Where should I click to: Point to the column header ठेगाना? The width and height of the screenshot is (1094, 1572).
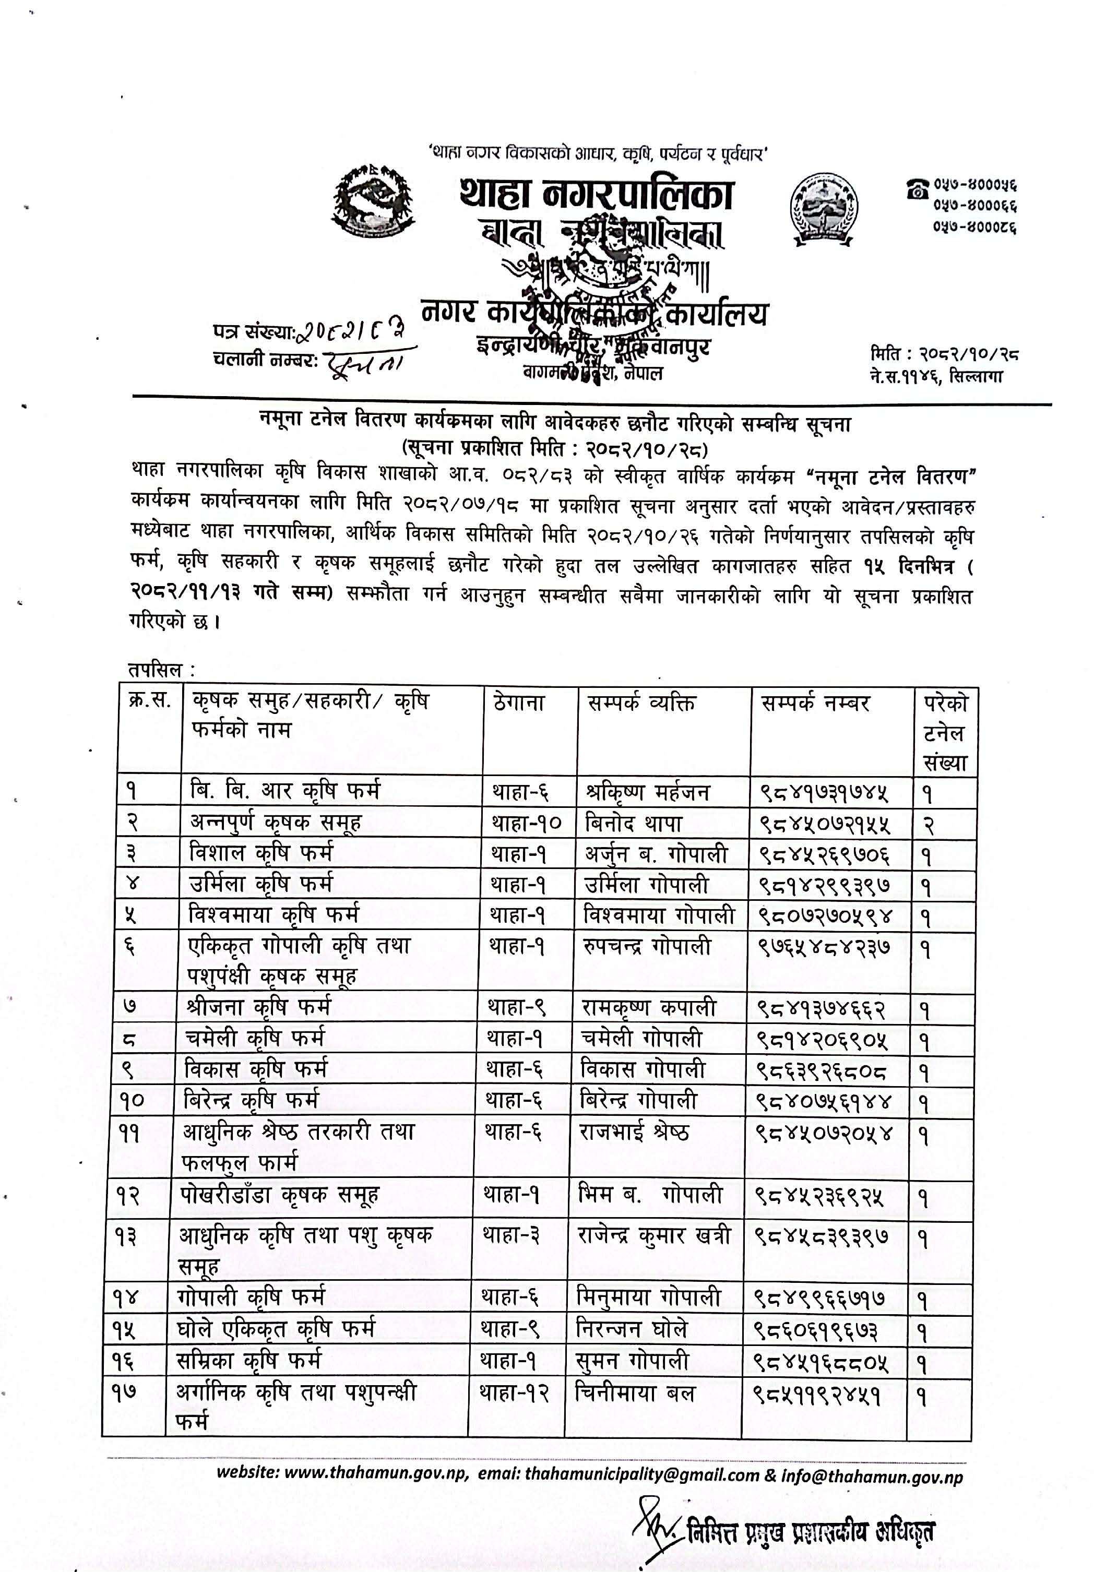tap(518, 703)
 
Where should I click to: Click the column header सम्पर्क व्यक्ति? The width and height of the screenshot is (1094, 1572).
tap(641, 703)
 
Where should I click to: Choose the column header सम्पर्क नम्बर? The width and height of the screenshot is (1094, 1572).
tap(815, 703)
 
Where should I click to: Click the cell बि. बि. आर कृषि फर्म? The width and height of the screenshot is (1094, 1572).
tap(284, 791)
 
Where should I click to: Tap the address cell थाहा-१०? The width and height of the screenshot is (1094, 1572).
tap(526, 823)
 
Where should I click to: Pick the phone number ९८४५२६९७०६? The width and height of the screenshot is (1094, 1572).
tap(825, 854)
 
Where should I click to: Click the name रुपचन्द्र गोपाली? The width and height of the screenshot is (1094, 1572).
tap(646, 946)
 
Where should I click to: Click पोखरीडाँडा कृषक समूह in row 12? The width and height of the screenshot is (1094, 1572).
tap(279, 1195)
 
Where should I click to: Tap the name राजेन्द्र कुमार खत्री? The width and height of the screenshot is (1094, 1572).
tap(654, 1236)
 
